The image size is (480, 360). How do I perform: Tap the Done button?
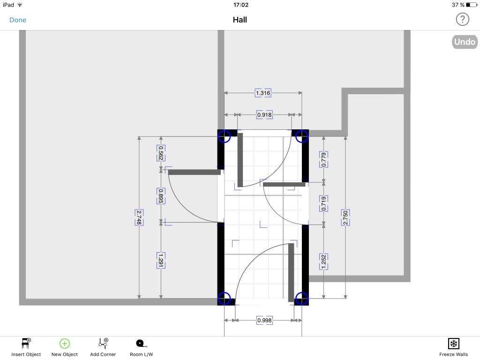tap(18, 20)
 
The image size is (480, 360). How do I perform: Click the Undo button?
tap(465, 42)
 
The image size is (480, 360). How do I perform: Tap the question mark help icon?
tap(462, 20)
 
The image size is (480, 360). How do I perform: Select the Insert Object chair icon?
tap(26, 344)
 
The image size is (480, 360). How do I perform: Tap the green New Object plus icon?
tap(65, 344)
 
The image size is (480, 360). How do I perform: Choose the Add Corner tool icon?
tap(104, 343)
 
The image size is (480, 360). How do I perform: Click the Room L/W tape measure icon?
tap(141, 344)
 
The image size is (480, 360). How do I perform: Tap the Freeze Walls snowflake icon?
tap(453, 344)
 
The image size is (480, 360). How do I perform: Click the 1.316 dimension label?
tap(263, 93)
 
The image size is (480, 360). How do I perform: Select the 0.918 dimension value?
tap(264, 115)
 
